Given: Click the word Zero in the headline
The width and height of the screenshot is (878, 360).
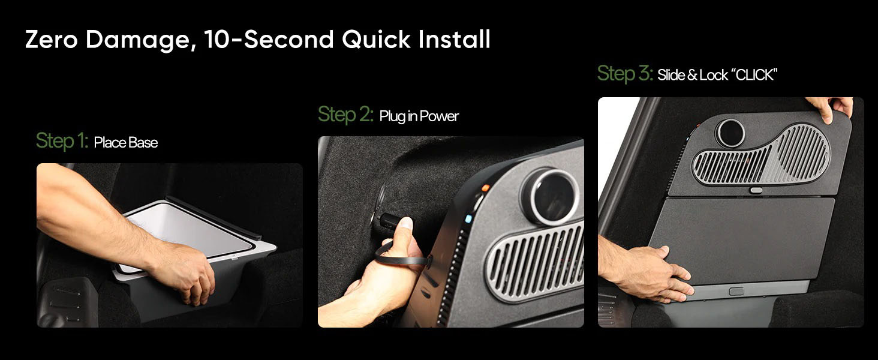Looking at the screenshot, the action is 52,39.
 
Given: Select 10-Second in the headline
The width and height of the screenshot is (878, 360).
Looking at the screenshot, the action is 269,39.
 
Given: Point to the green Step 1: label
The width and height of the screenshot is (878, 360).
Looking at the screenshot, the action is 62,141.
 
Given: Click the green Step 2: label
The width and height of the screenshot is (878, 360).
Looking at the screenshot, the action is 345,114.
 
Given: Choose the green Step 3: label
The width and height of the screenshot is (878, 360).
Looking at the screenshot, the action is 625,73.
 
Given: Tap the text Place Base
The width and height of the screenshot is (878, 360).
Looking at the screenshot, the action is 126,142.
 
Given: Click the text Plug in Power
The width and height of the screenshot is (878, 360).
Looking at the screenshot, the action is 419,116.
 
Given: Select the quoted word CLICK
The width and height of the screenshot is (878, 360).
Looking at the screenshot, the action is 754,74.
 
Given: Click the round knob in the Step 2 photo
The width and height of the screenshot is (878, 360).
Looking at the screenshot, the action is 551,196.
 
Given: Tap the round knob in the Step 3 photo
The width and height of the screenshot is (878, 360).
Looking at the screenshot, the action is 730,133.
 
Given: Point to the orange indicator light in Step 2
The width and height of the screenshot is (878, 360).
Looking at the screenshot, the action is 485,188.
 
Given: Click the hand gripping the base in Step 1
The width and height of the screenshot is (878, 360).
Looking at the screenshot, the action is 184,271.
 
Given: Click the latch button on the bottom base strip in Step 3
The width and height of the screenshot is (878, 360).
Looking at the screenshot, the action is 736,292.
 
